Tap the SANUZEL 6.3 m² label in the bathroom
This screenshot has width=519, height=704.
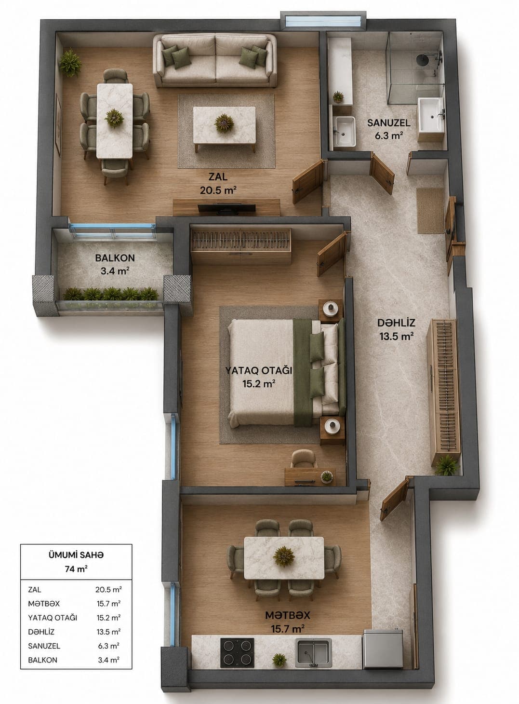click(x=388, y=129)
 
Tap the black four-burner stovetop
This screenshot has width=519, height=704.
click(x=237, y=652)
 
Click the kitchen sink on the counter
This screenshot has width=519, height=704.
click(x=313, y=652)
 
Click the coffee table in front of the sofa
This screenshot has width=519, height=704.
click(x=224, y=126)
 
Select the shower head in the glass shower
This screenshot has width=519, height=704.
click(x=422, y=59)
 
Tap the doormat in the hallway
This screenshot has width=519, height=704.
click(x=430, y=211)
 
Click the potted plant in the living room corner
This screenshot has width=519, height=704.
click(x=70, y=63)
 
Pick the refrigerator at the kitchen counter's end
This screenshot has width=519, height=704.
click(x=383, y=649)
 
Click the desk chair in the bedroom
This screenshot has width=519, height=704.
click(x=303, y=459)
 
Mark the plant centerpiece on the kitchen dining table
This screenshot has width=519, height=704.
click(x=284, y=556)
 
